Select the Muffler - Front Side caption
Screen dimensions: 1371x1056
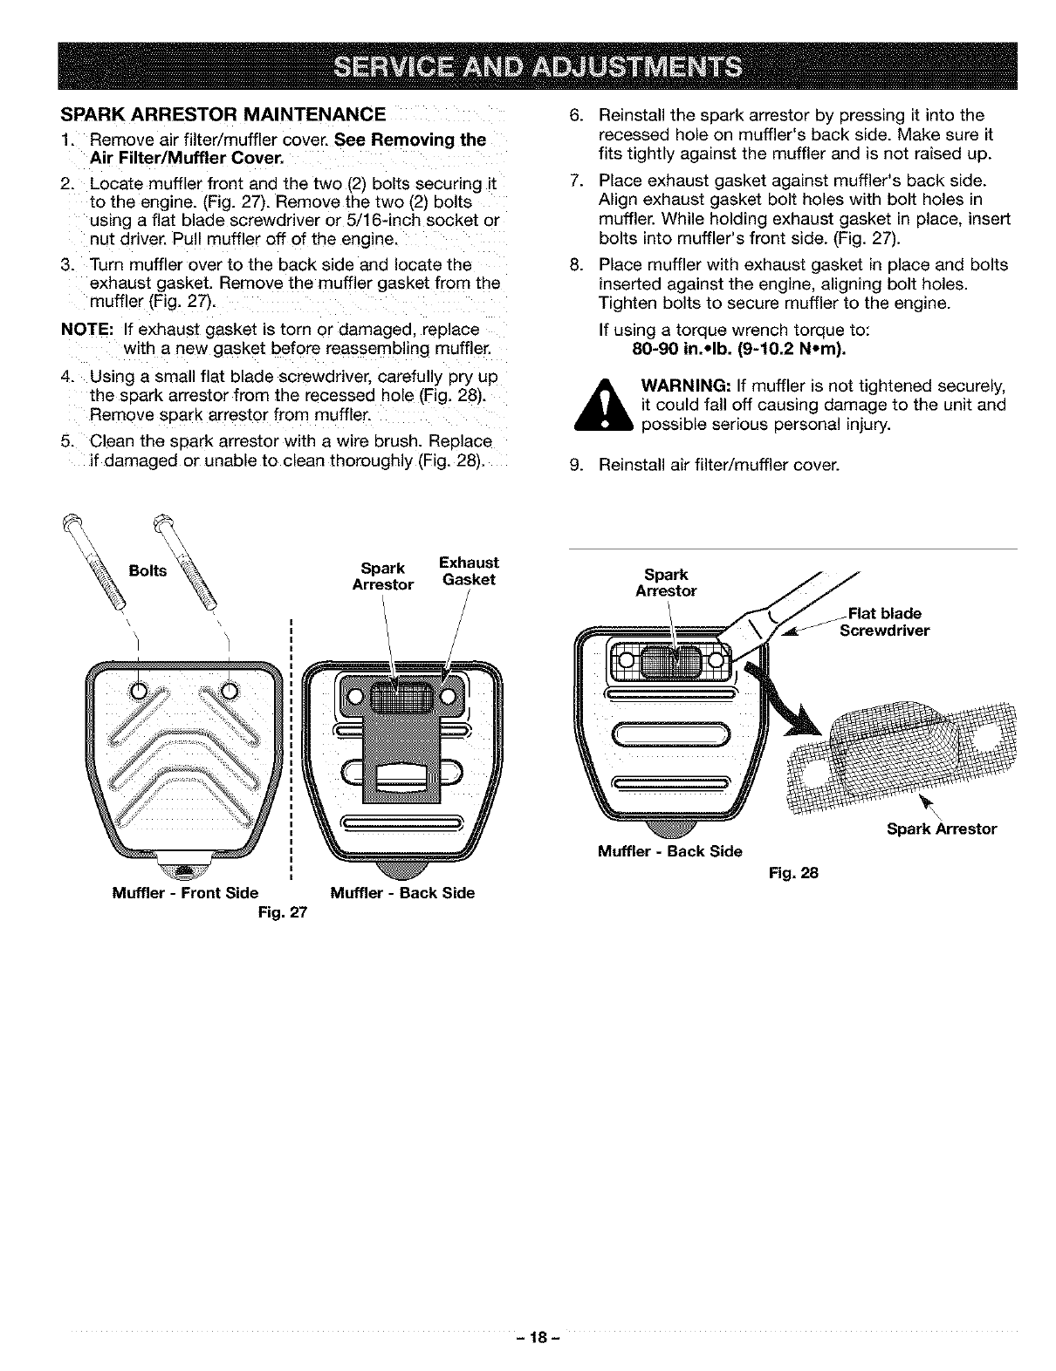(185, 892)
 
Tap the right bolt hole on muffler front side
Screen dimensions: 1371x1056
(230, 690)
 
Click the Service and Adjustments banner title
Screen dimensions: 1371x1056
(527, 66)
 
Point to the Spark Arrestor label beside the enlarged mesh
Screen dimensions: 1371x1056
(941, 829)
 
